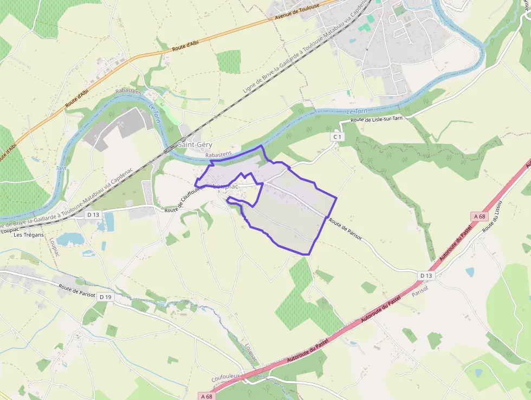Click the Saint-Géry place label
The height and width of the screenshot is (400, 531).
[195, 145]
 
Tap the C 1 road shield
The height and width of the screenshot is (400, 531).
[338, 137]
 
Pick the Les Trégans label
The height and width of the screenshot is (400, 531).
[29, 235]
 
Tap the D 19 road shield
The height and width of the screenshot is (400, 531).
[105, 297]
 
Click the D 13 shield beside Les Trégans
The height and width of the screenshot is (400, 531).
[93, 214]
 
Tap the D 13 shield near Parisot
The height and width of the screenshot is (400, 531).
[426, 276]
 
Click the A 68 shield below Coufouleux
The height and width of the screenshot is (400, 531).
[205, 396]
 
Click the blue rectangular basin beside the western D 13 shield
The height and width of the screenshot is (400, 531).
[109, 221]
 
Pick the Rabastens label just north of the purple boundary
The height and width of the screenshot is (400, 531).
[218, 154]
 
